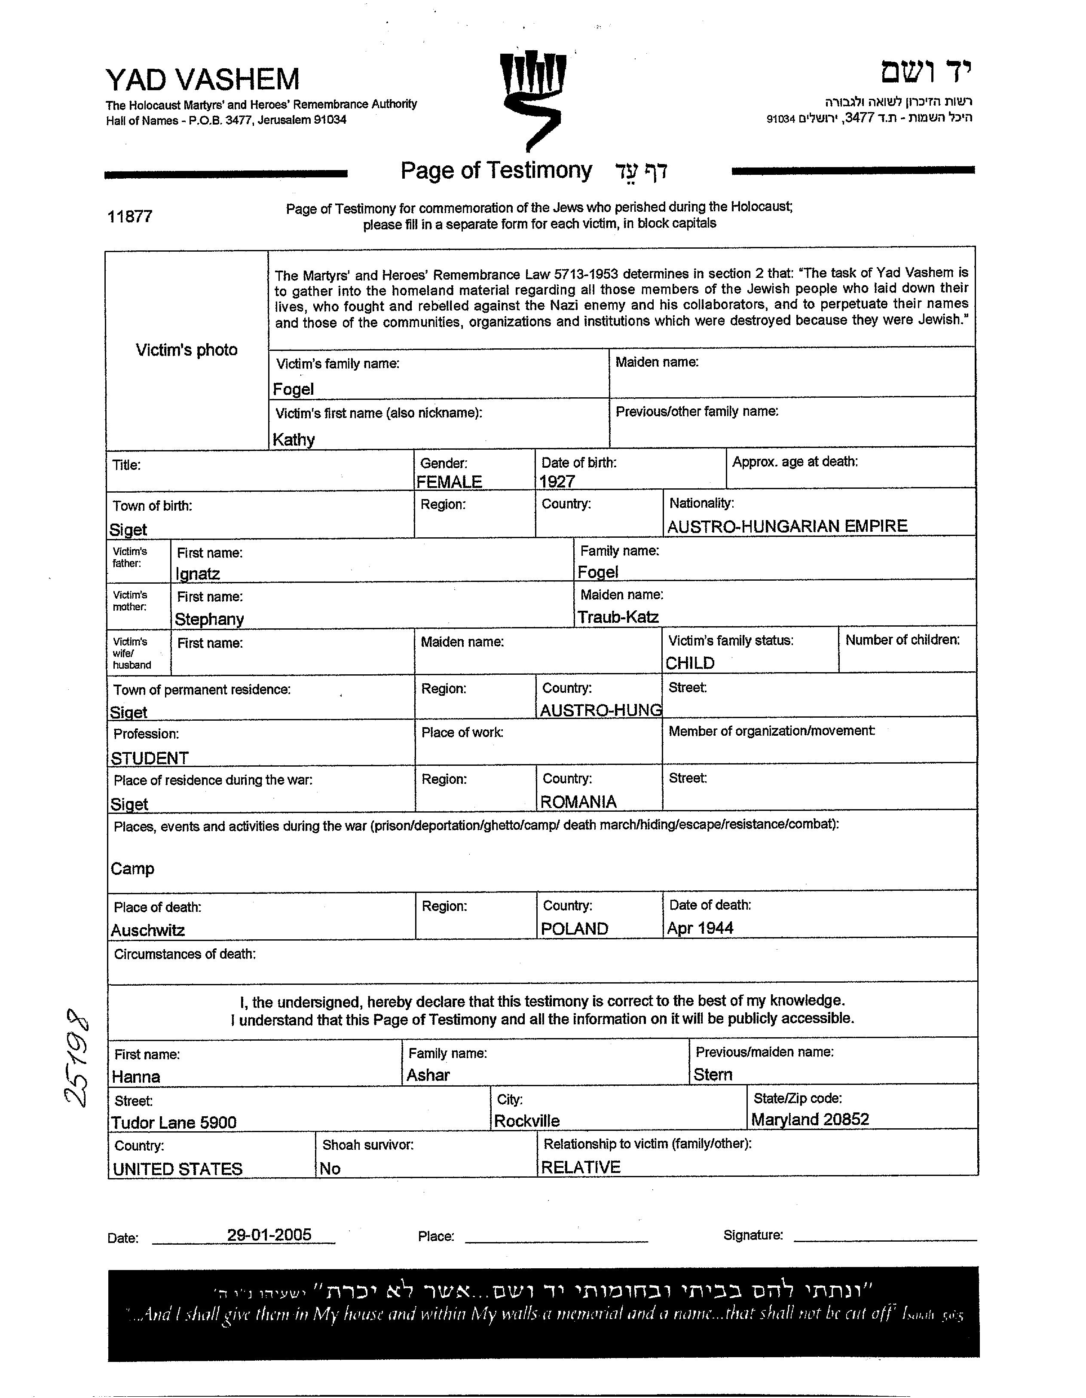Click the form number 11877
(130, 216)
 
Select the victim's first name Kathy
(294, 439)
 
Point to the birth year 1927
(557, 481)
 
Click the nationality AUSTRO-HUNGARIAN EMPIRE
(787, 526)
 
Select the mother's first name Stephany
(209, 619)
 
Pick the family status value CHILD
(690, 663)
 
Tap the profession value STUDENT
(150, 758)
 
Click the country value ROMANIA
(578, 801)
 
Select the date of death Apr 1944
(700, 928)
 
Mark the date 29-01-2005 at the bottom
(269, 1234)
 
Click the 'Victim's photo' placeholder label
(187, 350)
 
